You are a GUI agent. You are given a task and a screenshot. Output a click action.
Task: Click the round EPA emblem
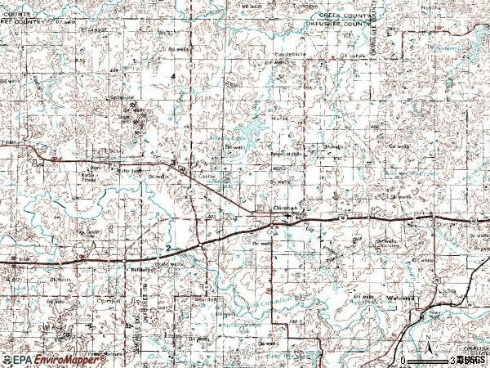(8, 359)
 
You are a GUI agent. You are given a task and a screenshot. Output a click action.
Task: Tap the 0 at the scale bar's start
(403, 360)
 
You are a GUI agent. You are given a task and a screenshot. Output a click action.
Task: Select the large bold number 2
(168, 247)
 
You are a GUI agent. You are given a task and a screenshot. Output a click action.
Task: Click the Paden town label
(9, 141)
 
